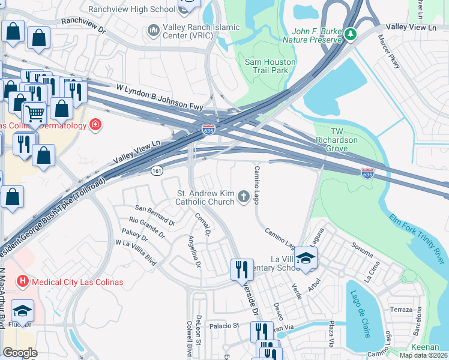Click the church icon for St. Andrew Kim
244,196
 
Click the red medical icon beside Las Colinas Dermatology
94,125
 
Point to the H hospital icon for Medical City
23,281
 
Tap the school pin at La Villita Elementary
306,258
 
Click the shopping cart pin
35,112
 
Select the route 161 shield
157,171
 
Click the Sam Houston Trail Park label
270,66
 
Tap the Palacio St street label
224,326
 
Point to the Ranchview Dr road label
83,24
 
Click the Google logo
20,353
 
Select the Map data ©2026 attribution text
423,355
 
